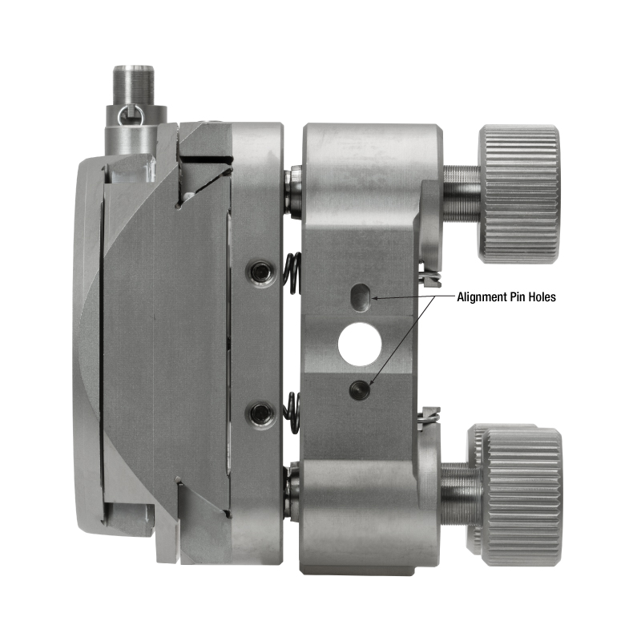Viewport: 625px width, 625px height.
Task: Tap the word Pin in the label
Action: [518, 297]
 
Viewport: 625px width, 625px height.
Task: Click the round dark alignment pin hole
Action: [360, 389]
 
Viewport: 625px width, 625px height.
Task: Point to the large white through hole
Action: [360, 345]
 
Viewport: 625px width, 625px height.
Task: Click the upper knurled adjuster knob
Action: [518, 194]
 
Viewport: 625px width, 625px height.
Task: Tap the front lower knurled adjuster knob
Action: [522, 497]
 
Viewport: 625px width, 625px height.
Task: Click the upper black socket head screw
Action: [261, 272]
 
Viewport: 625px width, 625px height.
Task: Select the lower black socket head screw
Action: [261, 413]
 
